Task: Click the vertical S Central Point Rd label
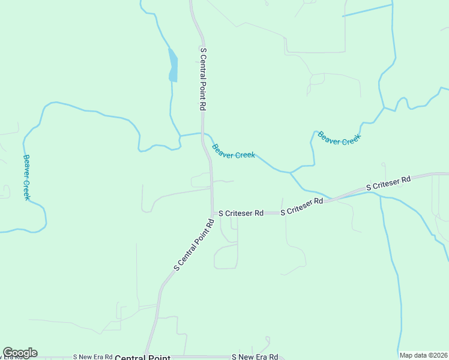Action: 203,79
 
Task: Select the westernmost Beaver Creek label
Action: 26,177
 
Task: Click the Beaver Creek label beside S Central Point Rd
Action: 234,151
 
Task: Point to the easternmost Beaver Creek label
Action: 339,138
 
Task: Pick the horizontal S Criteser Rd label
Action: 241,213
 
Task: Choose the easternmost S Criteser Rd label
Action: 388,183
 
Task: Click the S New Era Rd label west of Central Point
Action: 92,356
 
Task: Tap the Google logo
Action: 20,353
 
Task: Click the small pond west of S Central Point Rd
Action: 173,65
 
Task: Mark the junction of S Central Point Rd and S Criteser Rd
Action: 212,213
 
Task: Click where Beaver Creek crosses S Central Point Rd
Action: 203,134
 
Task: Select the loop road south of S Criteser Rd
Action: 226,256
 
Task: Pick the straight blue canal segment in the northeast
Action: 367,10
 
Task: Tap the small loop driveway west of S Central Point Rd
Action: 200,180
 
